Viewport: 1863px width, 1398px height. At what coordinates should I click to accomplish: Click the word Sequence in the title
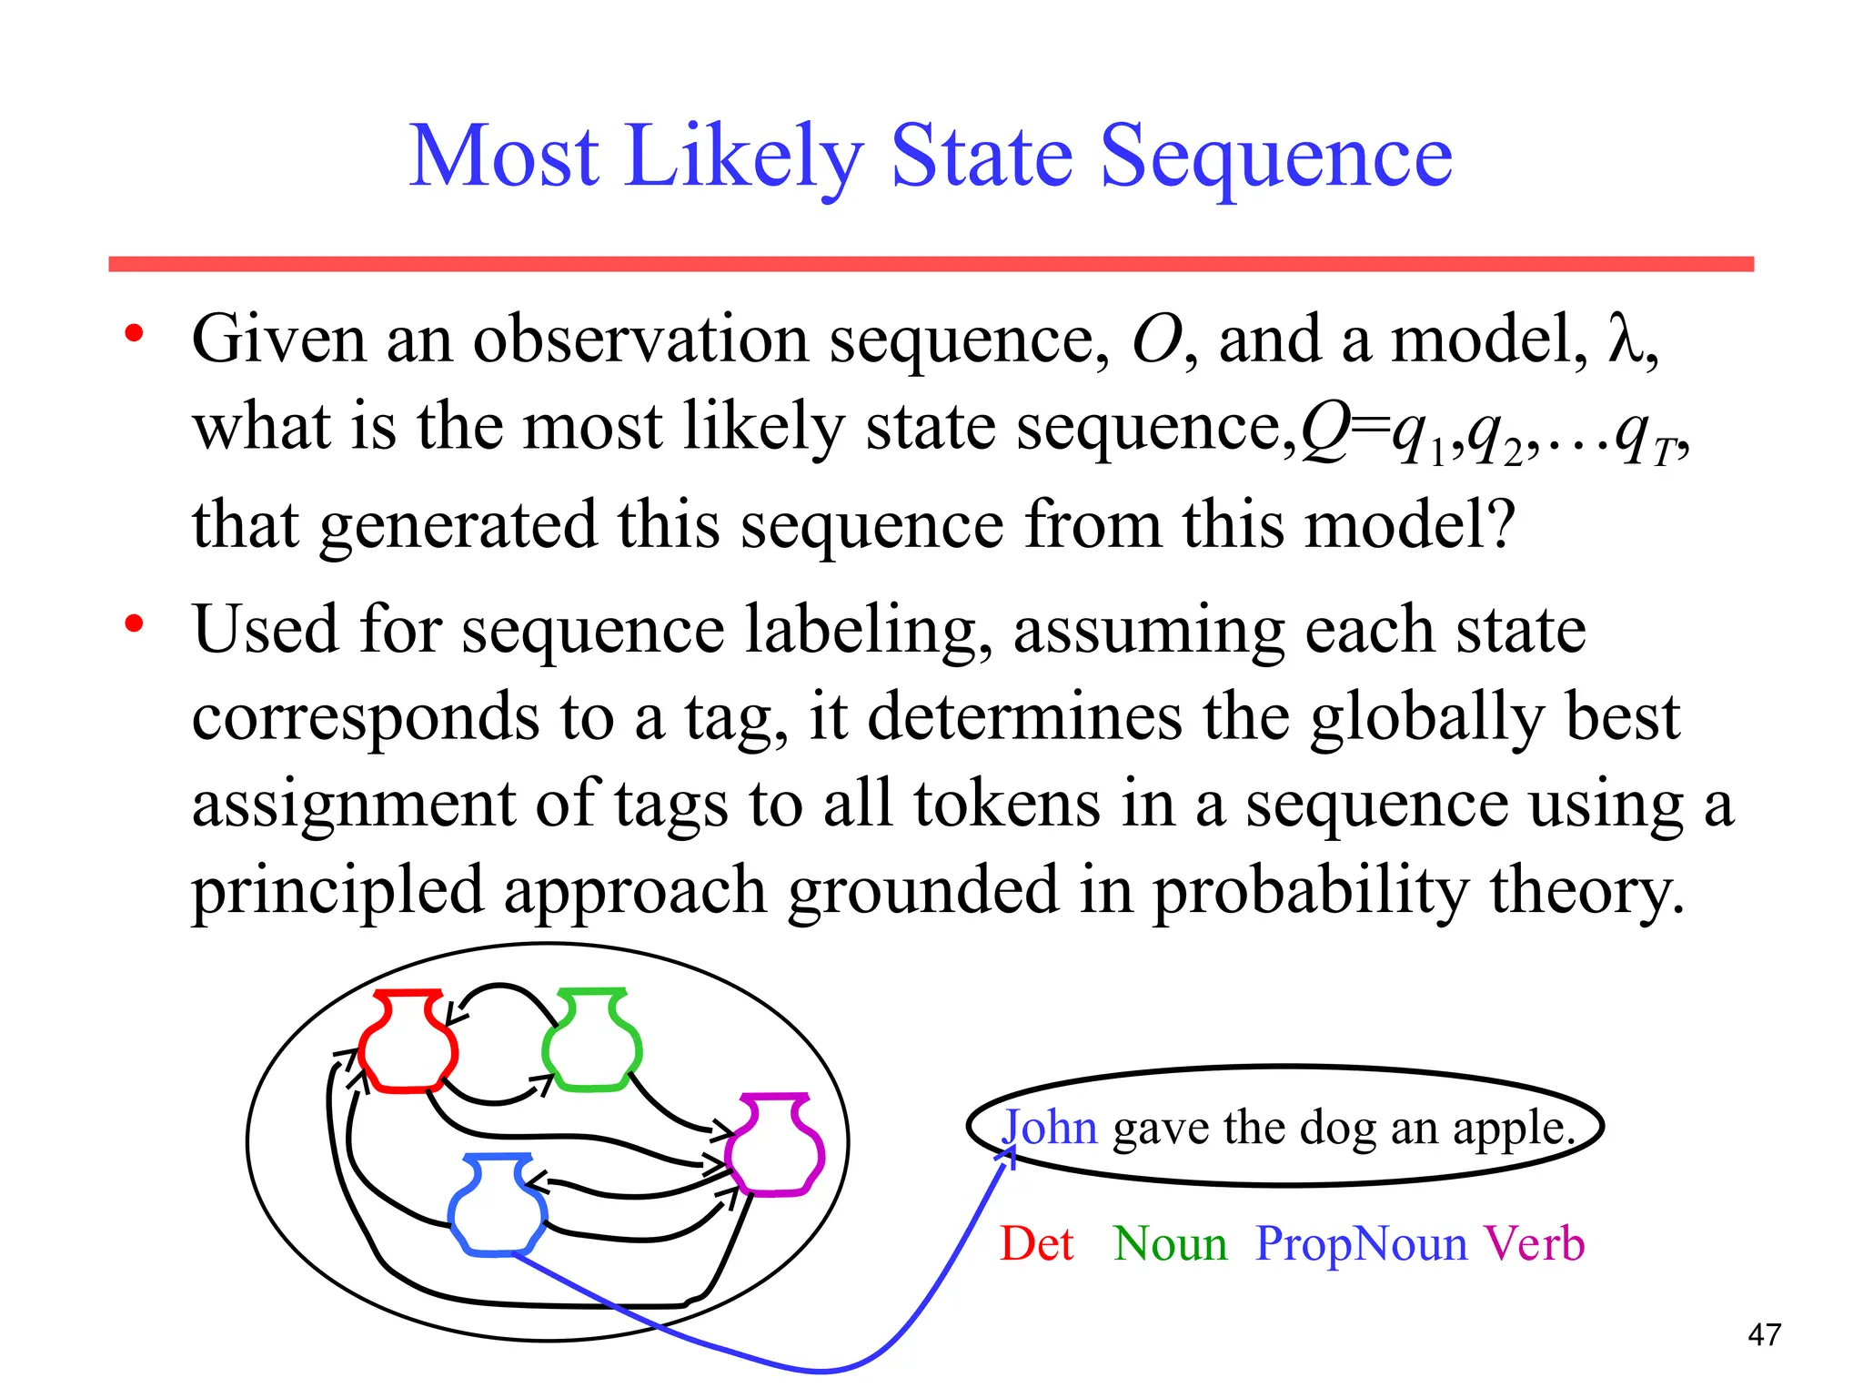(x=1276, y=159)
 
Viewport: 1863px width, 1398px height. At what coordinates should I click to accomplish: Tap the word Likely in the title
(x=742, y=159)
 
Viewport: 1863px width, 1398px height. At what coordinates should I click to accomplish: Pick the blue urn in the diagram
(x=498, y=1205)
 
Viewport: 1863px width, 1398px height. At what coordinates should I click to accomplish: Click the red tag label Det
(x=1036, y=1244)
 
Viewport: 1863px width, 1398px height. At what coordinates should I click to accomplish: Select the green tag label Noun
(x=1170, y=1244)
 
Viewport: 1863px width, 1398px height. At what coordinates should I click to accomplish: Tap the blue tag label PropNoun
(x=1361, y=1244)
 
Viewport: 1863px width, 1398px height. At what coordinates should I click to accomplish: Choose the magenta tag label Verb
(x=1535, y=1244)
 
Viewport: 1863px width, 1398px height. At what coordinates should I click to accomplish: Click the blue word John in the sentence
(x=1050, y=1128)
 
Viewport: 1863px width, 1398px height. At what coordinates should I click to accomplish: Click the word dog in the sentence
(x=1336, y=1130)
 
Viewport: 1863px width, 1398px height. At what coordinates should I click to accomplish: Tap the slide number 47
(x=1764, y=1335)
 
